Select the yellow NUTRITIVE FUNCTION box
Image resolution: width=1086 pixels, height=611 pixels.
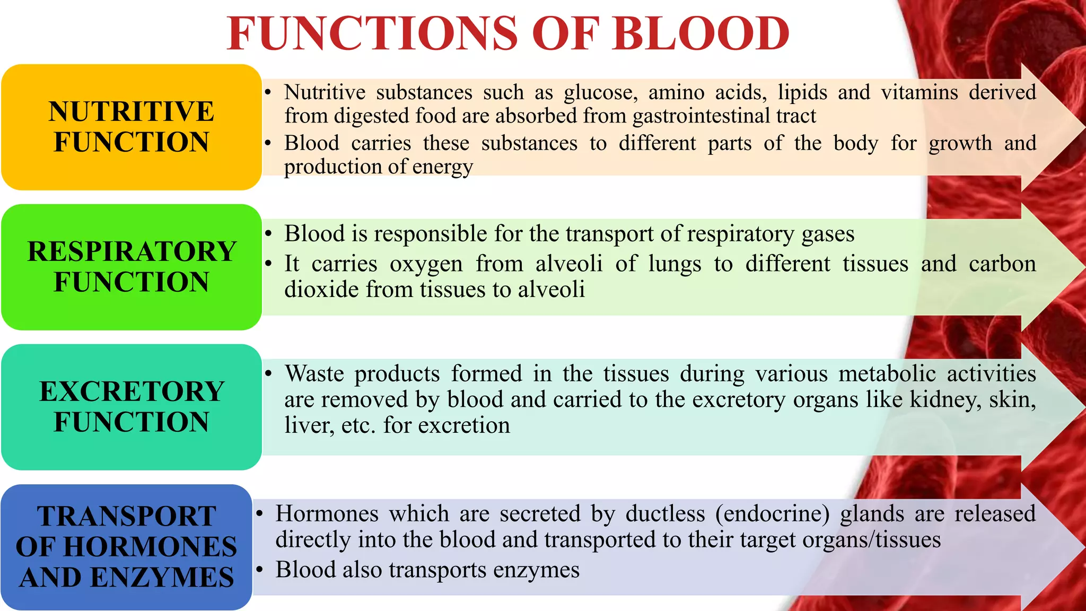click(132, 127)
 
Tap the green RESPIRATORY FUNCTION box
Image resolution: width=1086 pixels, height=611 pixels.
click(132, 267)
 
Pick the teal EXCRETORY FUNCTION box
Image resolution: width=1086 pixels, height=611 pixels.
click(132, 407)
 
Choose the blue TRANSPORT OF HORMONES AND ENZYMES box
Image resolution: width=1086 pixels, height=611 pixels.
click(126, 547)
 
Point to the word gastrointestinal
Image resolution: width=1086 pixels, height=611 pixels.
click(701, 116)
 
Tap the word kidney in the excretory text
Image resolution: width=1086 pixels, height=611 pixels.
click(945, 400)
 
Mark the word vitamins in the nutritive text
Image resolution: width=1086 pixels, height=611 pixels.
click(919, 93)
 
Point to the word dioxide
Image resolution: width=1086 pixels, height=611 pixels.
click(318, 290)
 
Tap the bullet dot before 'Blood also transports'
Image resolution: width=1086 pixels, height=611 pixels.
click(259, 570)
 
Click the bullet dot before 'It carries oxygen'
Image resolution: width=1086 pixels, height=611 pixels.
click(268, 264)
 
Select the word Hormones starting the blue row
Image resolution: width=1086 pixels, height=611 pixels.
click(327, 514)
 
